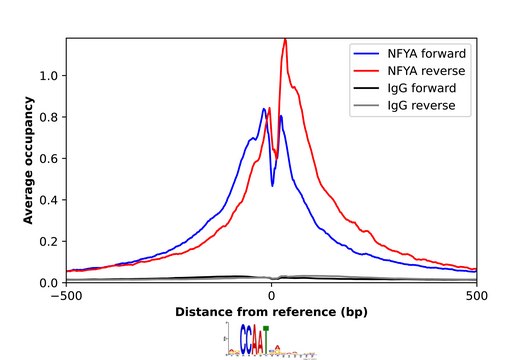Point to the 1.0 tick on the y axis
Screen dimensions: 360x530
click(x=47, y=76)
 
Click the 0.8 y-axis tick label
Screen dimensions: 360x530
click(x=47, y=117)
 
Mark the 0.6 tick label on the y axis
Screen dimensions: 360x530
click(x=47, y=159)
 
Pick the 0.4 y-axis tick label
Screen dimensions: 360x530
click(x=47, y=200)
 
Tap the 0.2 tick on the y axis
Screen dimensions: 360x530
click(x=47, y=241)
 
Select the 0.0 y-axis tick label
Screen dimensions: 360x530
click(x=47, y=283)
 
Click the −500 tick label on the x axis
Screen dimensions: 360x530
click(x=66, y=296)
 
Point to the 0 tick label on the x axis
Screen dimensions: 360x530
click(x=272, y=296)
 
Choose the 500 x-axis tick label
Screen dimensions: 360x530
click(x=477, y=296)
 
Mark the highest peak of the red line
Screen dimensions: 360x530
click(x=285, y=39)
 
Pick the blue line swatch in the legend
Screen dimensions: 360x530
click(x=367, y=52)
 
